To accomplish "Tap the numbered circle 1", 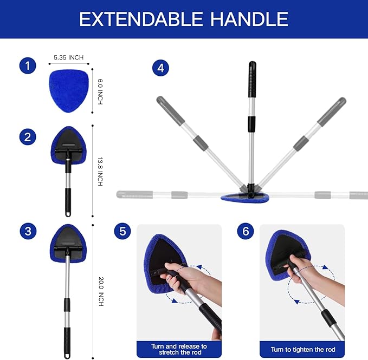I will pyautogui.click(x=28, y=66).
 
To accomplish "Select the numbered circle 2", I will pyautogui.click(x=28, y=137).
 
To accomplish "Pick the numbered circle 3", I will pyautogui.click(x=28, y=232).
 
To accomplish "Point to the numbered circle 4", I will pyautogui.click(x=160, y=68).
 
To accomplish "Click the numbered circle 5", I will pyautogui.click(x=122, y=232).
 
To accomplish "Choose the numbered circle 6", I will pyautogui.click(x=246, y=232).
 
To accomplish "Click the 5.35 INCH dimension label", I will pyautogui.click(x=68, y=57).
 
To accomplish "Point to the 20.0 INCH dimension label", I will pyautogui.click(x=100, y=291).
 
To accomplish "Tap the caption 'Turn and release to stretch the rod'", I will pyautogui.click(x=179, y=349).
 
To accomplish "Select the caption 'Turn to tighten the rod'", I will pyautogui.click(x=302, y=350).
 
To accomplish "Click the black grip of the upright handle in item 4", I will pyautogui.click(x=252, y=80).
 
